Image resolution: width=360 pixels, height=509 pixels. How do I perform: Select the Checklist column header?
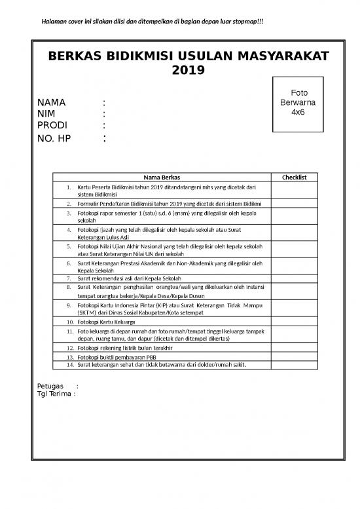pos(298,177)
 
